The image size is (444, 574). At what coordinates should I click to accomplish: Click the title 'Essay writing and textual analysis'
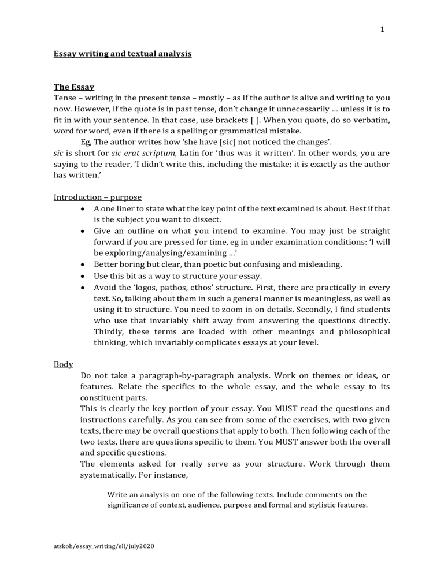[123, 54]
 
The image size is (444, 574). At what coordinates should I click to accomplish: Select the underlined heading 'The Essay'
[70, 87]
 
